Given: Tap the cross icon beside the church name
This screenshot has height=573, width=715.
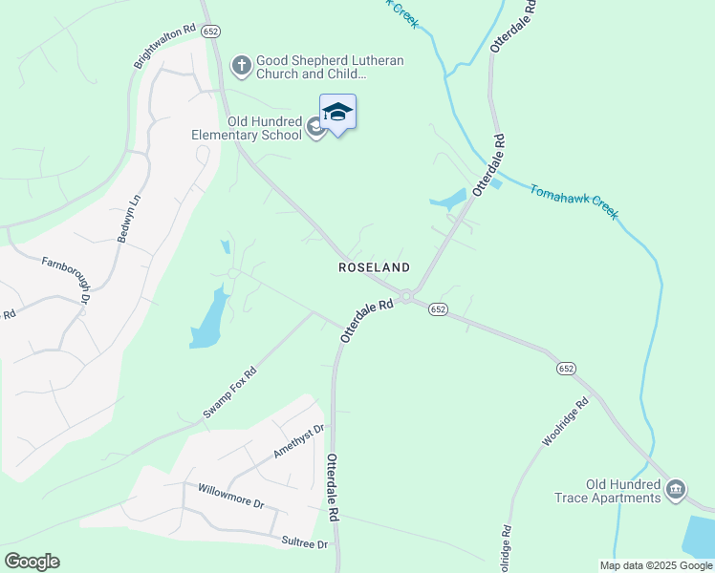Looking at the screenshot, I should click(x=242, y=66).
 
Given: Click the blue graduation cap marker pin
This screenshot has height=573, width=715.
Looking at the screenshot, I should click(x=337, y=113).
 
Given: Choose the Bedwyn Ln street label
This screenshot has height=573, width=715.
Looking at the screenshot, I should click(x=129, y=219).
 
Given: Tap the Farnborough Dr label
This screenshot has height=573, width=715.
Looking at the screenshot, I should click(x=66, y=276).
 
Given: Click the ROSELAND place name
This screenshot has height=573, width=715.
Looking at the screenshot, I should click(x=374, y=268).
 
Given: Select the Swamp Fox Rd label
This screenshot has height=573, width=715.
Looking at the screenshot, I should click(x=230, y=393).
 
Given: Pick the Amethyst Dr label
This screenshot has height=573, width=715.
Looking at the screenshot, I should click(x=299, y=442).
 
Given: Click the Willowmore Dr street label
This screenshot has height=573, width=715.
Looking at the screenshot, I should click(x=230, y=496).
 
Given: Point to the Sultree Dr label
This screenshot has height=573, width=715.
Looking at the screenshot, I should click(x=304, y=542).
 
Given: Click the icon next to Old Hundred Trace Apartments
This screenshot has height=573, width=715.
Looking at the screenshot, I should click(x=676, y=490).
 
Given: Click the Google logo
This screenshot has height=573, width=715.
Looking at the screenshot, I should click(x=32, y=562).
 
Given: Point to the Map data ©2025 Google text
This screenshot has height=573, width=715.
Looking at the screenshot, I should click(x=655, y=565).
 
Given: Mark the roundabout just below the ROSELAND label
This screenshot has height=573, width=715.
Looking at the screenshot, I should click(x=406, y=296).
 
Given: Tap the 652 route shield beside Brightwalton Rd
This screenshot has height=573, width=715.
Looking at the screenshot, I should click(x=211, y=31).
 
